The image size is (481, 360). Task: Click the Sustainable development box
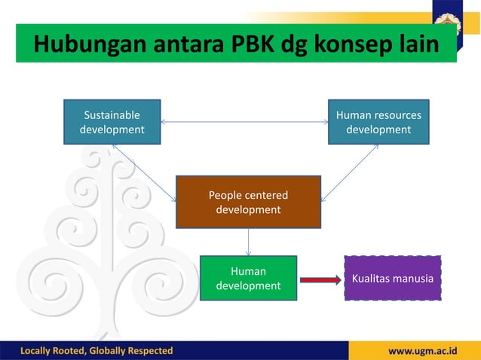point(112,122)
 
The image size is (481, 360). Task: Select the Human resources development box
point(378,122)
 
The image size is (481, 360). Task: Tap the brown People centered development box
point(248,202)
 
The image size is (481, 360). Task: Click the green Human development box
point(248,278)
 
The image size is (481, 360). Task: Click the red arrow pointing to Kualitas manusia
point(320,280)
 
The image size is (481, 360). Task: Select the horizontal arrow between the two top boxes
point(244,121)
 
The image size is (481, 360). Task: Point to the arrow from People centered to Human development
point(248,242)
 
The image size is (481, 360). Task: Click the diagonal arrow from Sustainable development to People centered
point(144,174)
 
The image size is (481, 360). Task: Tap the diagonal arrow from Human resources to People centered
point(349,173)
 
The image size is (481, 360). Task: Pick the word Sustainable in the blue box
point(112,115)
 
